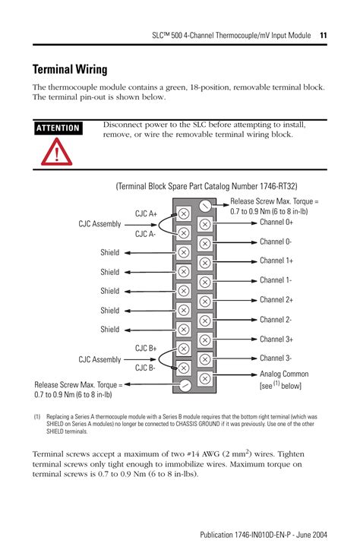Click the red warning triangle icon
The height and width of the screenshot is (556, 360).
click(x=56, y=152)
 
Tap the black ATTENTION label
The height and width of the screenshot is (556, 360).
click(x=58, y=128)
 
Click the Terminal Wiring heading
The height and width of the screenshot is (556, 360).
click(x=70, y=69)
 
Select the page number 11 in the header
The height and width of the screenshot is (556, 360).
click(x=323, y=36)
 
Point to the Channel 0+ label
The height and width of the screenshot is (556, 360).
click(x=276, y=223)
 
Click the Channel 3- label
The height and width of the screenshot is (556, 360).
click(x=276, y=359)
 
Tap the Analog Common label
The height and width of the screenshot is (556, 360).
click(x=284, y=374)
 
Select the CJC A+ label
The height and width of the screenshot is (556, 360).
click(x=146, y=214)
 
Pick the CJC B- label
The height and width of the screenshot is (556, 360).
click(x=145, y=368)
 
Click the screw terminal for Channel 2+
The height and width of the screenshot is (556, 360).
click(x=204, y=302)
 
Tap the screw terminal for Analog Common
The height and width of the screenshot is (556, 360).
click(x=204, y=378)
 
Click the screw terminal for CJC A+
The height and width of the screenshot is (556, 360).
click(x=183, y=214)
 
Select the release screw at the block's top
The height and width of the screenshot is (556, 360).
click(x=204, y=205)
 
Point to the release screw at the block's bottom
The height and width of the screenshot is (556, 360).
click(x=184, y=385)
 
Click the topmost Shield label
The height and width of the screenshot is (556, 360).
click(x=109, y=252)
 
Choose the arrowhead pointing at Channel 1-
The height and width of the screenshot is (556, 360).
click(x=254, y=281)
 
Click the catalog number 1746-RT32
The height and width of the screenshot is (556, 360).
click(x=279, y=187)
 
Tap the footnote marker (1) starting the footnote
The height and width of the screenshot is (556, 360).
click(x=37, y=417)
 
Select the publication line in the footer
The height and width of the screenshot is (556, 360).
click(x=264, y=535)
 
